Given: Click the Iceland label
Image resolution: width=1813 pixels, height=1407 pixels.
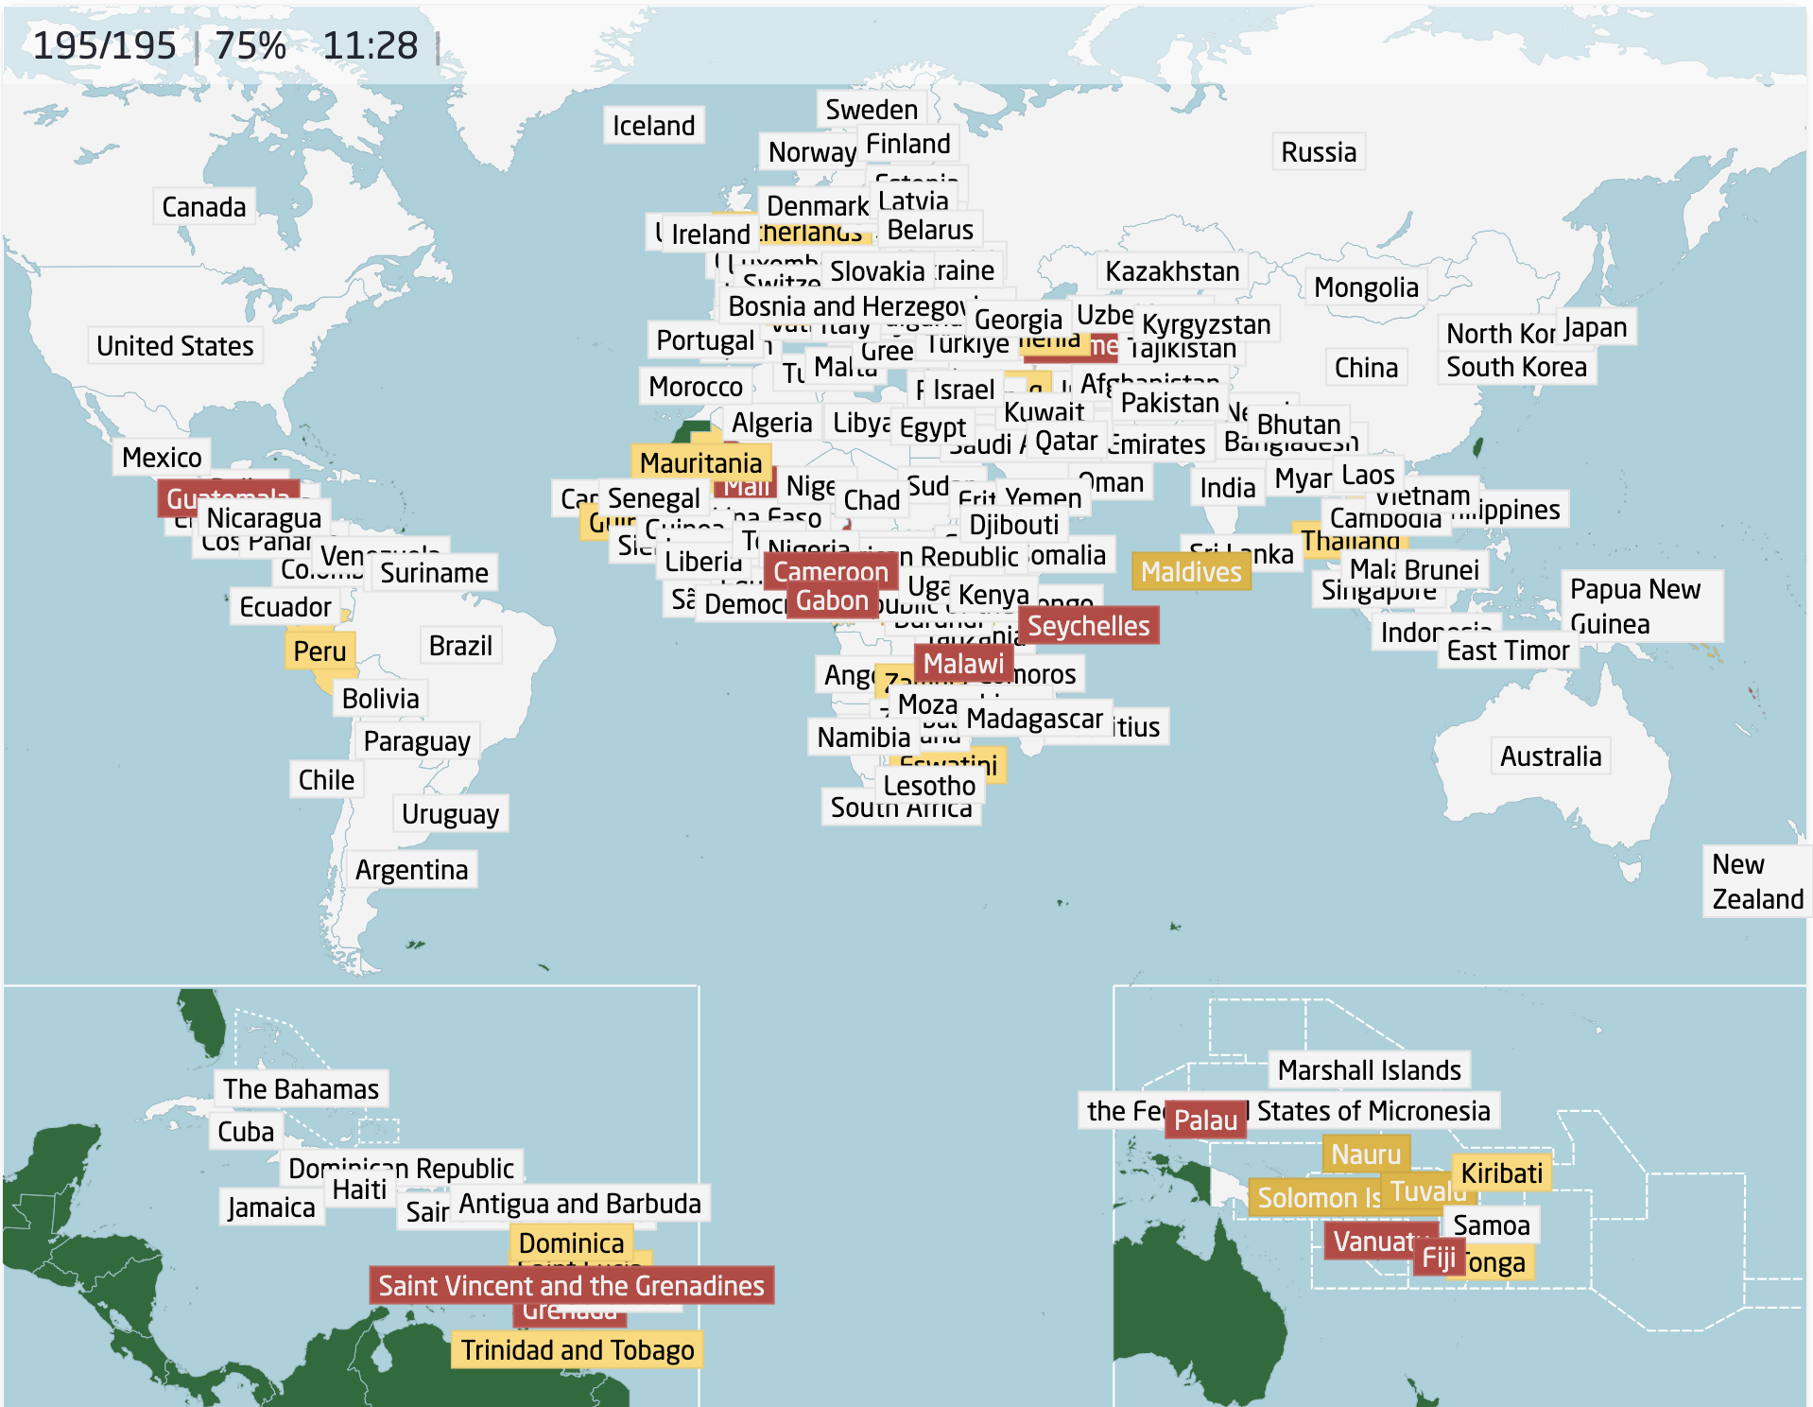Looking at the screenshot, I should (653, 126).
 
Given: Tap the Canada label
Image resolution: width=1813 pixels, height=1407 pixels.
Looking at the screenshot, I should (203, 207).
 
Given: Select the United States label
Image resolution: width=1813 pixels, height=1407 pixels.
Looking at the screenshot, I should (175, 346).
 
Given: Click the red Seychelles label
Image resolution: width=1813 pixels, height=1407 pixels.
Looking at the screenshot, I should (1088, 626).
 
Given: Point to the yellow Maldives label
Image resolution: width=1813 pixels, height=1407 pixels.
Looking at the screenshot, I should (1190, 572).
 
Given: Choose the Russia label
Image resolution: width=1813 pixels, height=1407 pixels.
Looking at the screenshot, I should (1318, 152).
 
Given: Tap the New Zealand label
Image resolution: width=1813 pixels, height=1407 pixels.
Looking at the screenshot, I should (1756, 881).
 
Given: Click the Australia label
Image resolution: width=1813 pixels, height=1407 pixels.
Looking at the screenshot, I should (1550, 756).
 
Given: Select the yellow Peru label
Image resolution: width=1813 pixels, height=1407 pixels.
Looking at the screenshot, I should (319, 651).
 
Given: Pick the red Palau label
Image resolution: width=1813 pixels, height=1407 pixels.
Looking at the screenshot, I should (1204, 1120).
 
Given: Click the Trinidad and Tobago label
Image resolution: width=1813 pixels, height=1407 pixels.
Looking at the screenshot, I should (577, 1350).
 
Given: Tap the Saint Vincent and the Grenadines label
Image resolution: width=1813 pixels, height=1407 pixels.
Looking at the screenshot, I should (571, 1286).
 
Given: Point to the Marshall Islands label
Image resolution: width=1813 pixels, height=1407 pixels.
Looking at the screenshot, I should (1369, 1070).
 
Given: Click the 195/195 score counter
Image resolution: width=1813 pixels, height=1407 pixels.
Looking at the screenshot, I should (104, 45).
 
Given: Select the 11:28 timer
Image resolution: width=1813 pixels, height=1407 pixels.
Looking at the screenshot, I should (370, 45).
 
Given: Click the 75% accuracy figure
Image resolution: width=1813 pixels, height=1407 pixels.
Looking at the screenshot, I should (250, 45).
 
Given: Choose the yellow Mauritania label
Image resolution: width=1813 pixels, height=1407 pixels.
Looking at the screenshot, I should (700, 463).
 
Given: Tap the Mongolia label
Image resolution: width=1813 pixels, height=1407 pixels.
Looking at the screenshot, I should (1366, 287).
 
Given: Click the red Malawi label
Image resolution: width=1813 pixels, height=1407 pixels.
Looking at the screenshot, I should (963, 664).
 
